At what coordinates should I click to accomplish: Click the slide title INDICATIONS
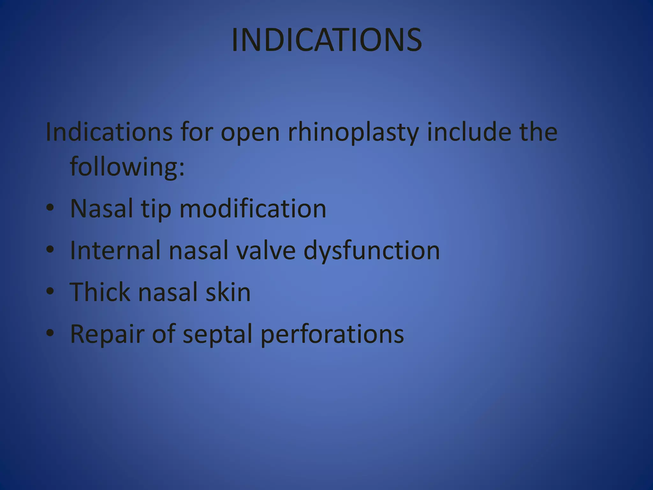pos(326,40)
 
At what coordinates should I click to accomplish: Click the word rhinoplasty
pos(353,132)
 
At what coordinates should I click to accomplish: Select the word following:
pos(127,167)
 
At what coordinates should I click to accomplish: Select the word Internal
pos(115,250)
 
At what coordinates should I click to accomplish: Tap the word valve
pos(266,250)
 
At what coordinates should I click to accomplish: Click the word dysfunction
pos(371,251)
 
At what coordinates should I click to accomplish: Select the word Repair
pos(107,334)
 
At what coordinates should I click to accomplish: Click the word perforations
pos(332,334)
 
